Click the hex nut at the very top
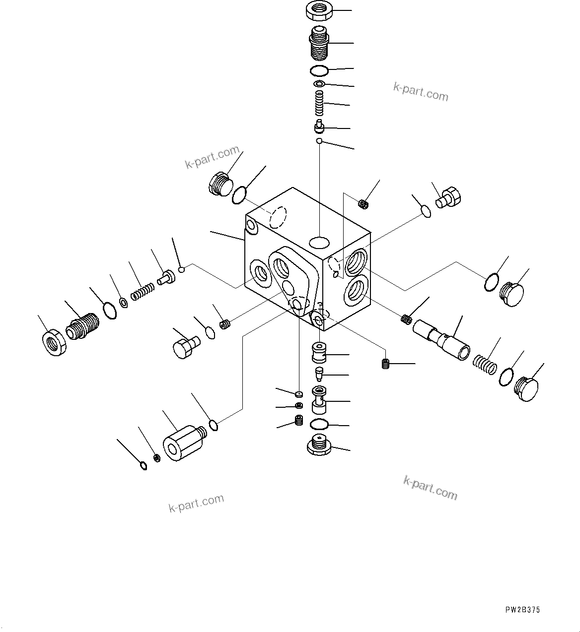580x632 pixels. tap(320, 10)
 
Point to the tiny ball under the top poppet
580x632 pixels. tap(320, 142)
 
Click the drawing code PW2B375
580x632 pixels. tap(522, 610)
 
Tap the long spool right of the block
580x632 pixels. tap(442, 340)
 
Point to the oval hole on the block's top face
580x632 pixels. tap(318, 242)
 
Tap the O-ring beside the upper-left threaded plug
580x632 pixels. tap(239, 195)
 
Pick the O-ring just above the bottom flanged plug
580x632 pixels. tap(319, 424)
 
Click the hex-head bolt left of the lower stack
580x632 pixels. tap(185, 347)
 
